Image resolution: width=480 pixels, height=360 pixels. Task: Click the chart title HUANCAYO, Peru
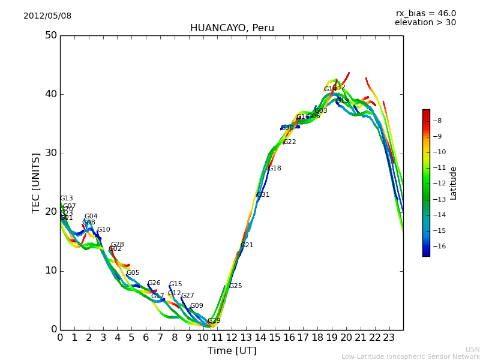[x=232, y=28]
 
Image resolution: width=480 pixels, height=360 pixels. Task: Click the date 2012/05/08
[x=47, y=16]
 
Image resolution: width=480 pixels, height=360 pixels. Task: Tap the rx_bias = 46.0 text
[x=425, y=13]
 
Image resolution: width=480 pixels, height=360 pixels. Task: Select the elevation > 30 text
[x=425, y=23]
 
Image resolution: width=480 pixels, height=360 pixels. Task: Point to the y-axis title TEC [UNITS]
[x=36, y=182]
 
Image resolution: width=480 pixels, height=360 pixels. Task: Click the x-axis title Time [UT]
[x=232, y=350]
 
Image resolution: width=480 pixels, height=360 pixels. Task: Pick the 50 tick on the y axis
[x=50, y=35]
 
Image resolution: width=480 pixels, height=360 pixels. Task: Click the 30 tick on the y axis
[x=50, y=153]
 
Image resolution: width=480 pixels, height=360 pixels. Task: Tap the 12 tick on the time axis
[x=232, y=338]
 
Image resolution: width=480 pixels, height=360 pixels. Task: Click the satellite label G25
[x=236, y=286]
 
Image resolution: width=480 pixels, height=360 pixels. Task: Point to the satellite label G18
[x=275, y=169]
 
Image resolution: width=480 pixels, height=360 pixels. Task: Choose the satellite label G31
[x=263, y=195]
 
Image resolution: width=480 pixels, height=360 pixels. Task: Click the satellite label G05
[x=133, y=273]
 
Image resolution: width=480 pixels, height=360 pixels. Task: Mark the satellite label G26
[x=154, y=283]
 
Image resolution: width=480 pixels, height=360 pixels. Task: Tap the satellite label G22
[x=290, y=142]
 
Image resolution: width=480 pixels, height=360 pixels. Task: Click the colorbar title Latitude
[x=454, y=183]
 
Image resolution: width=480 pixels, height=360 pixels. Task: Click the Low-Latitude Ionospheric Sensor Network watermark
[x=410, y=356]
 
